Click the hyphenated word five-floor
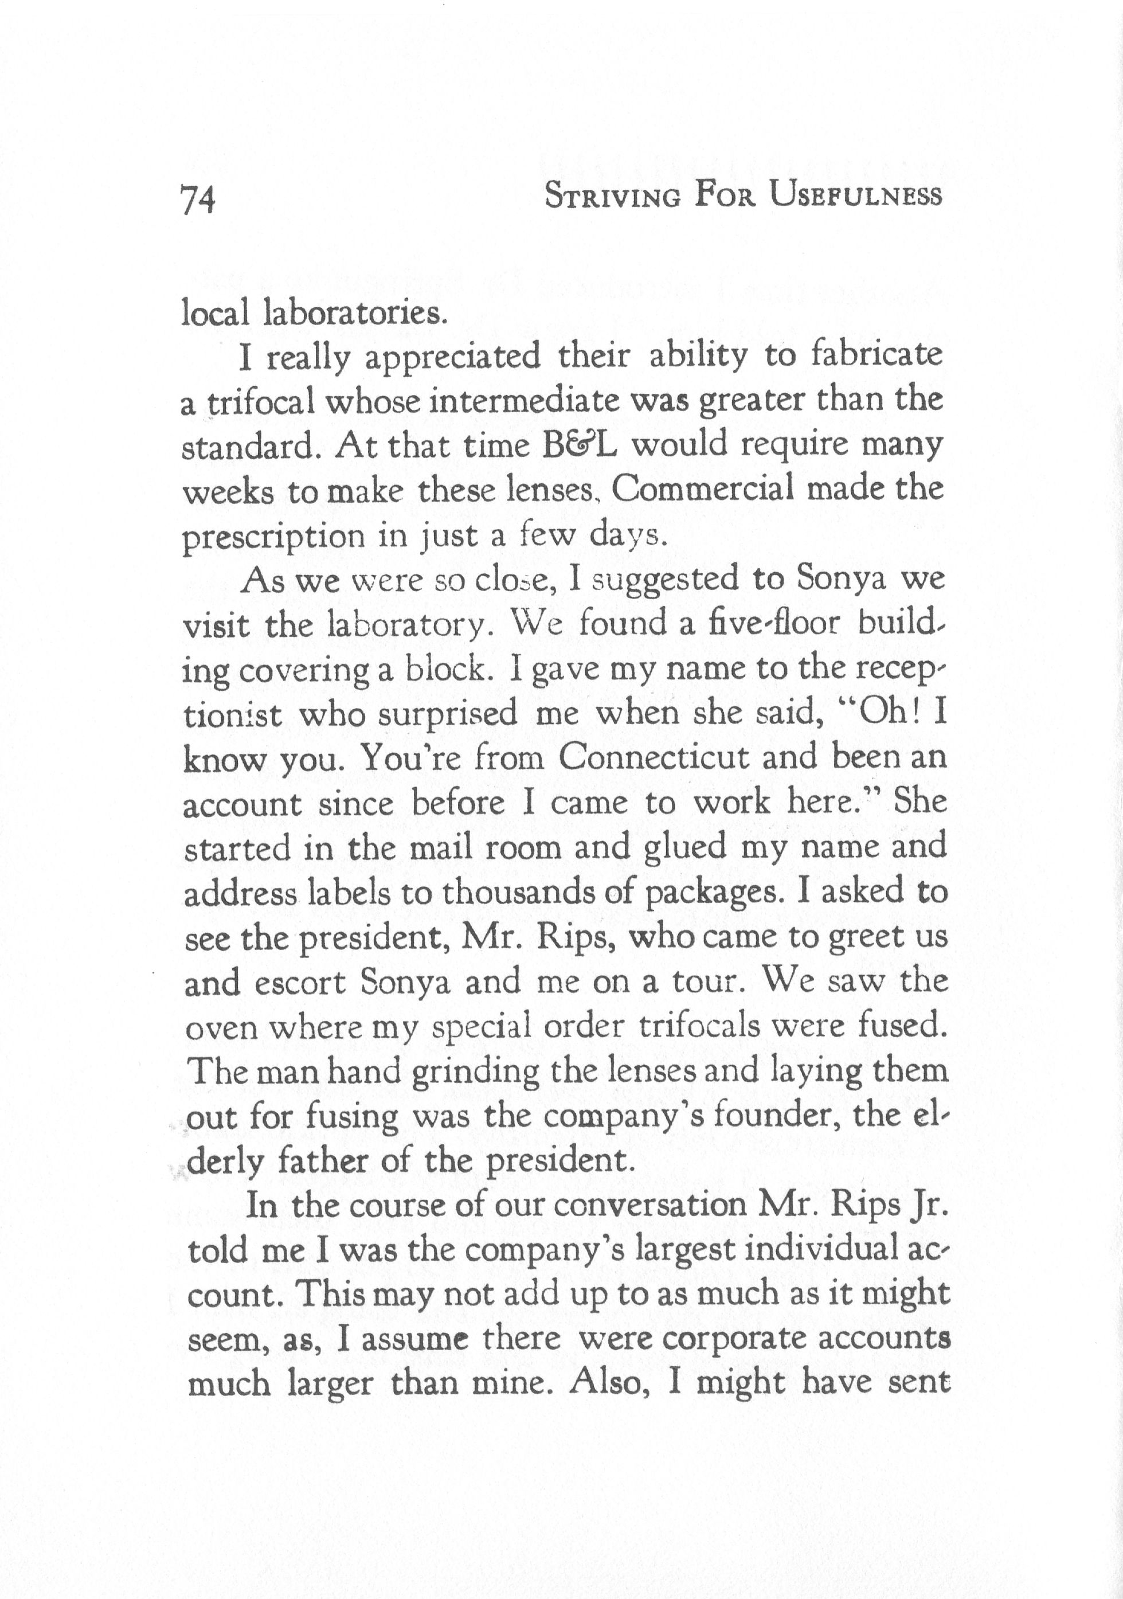click(769, 625)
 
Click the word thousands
click(519, 893)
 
